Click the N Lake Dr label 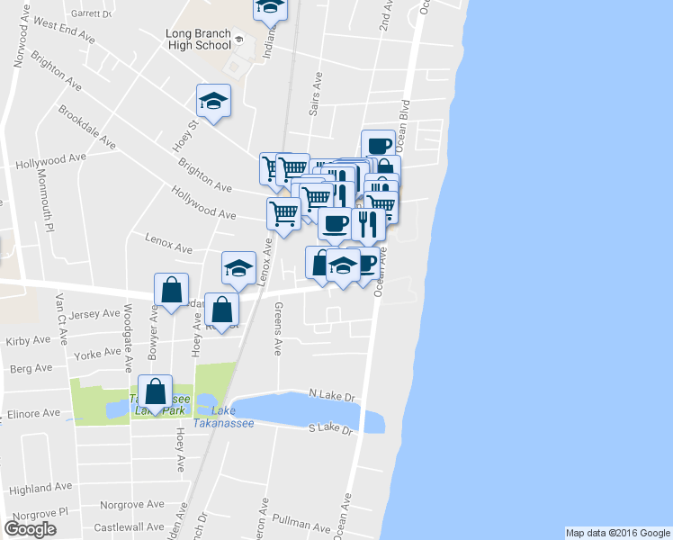pos(332,395)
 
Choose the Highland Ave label pos(40,488)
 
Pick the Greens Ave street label pos(279,328)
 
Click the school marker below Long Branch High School pos(214,100)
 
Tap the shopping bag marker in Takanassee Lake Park pos(156,391)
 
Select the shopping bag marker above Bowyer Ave pos(171,290)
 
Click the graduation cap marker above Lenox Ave pos(238,268)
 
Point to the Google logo pos(30,529)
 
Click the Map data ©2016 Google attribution pos(618,533)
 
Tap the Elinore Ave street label pos(36,414)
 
